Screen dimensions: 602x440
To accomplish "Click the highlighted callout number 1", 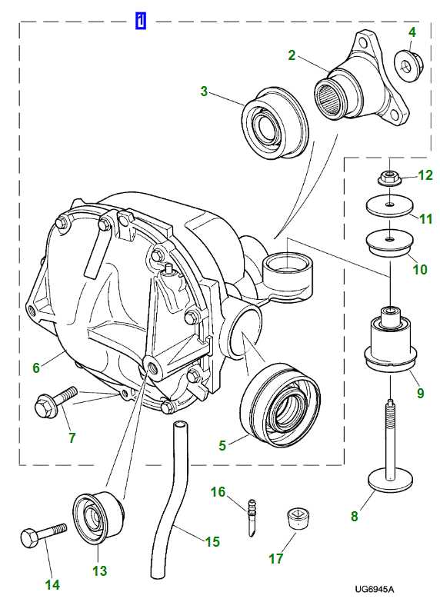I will point(141,21).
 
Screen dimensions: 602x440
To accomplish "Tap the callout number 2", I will point(292,55).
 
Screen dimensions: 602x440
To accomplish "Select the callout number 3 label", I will point(204,91).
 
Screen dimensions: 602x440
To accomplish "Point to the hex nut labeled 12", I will point(389,178).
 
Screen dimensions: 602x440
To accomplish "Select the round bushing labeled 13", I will point(96,518).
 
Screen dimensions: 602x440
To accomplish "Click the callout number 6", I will point(36,368).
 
